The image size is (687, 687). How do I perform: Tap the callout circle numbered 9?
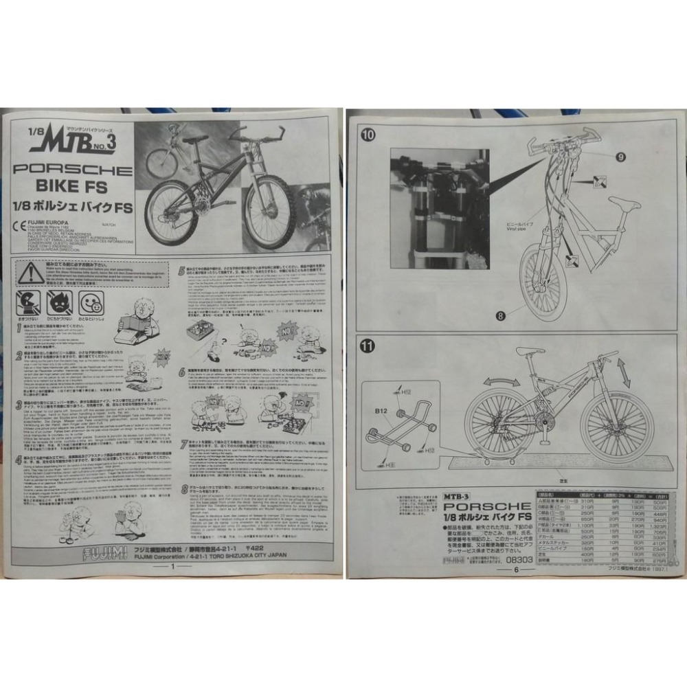pos(620,157)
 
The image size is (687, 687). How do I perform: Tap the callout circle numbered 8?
pos(499,316)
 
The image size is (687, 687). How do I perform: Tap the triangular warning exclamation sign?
pos(30,273)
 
